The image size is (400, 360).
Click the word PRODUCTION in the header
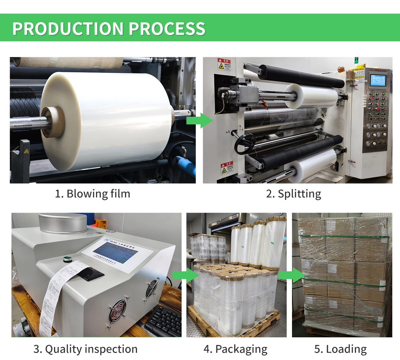pos(68,29)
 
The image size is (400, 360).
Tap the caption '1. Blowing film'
pos(92,194)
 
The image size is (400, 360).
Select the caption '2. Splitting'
pos(293,194)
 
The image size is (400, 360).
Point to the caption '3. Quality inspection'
pos(85,349)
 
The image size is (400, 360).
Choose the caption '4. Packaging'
pos(235,349)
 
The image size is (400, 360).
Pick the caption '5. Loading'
pos(340,349)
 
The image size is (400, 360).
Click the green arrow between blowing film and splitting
pos(199,120)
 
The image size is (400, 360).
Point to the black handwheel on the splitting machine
pos(245,144)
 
